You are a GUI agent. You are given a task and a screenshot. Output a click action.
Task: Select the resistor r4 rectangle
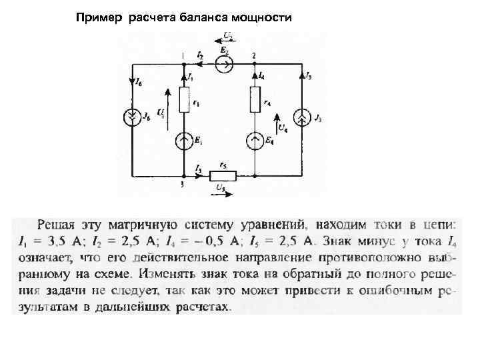(255, 101)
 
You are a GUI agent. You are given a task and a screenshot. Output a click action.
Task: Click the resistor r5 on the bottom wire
(223, 177)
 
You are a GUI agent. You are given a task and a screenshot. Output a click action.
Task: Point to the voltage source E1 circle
(183, 141)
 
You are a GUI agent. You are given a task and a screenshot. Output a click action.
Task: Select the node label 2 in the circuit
(254, 55)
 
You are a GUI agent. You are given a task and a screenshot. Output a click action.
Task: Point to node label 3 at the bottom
(181, 185)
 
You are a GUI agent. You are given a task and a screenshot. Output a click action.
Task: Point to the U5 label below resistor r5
(221, 190)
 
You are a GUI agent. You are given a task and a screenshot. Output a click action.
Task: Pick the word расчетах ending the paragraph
(207, 307)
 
